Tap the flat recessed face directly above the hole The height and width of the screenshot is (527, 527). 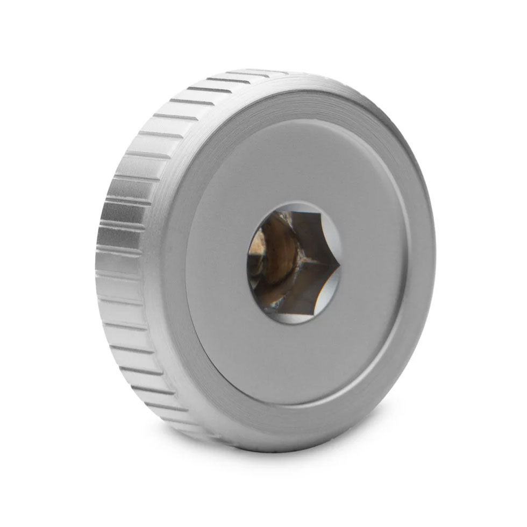click(x=293, y=167)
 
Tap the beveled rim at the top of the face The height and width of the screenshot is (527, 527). click(x=301, y=102)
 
